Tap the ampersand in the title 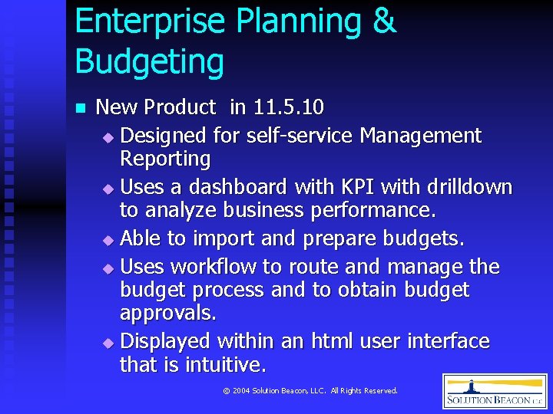click(383, 21)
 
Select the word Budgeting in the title click(150, 61)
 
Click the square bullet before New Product click(79, 108)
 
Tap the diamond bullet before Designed click(108, 137)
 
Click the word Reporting click(165, 159)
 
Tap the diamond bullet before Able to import click(108, 240)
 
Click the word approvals click(168, 313)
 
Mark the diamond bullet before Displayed click(108, 342)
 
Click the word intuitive click(226, 363)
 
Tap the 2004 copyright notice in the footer click(310, 391)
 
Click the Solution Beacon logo click(495, 391)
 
